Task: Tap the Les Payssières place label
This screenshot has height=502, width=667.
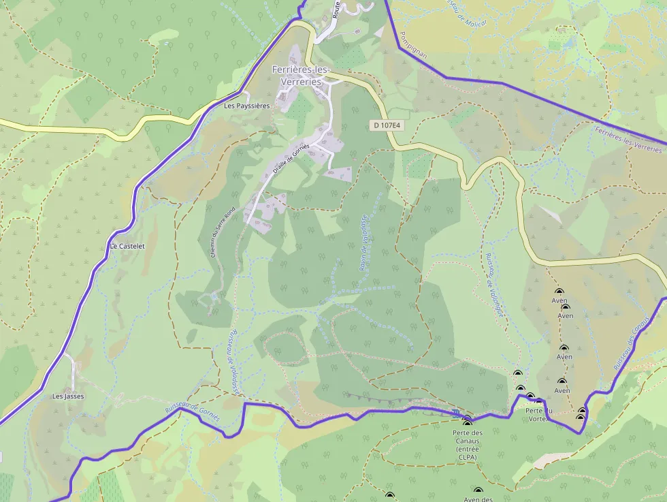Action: tap(247, 106)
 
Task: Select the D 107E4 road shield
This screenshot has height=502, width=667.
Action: tap(386, 125)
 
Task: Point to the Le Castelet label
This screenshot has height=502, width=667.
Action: tap(127, 246)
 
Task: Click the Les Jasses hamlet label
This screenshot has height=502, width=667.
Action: tap(69, 396)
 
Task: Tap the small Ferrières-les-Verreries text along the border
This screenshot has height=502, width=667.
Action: tap(628, 139)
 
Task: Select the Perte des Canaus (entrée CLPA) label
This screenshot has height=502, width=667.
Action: tap(467, 445)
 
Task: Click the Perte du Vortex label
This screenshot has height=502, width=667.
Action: tap(539, 414)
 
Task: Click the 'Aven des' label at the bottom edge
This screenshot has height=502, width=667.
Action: tap(478, 499)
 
